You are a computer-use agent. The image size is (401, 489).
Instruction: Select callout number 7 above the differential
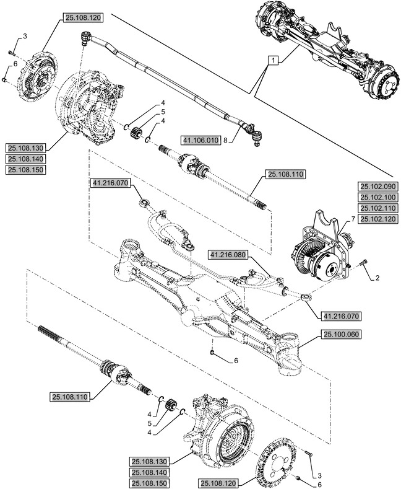(353, 219)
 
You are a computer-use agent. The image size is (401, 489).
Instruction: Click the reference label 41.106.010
(201, 141)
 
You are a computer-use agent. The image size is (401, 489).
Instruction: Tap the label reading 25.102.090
(378, 186)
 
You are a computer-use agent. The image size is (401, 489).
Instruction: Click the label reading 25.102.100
(378, 197)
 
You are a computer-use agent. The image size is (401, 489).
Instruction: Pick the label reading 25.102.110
(378, 208)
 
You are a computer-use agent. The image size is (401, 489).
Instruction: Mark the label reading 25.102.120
(378, 219)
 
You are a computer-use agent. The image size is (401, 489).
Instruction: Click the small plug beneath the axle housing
(213, 353)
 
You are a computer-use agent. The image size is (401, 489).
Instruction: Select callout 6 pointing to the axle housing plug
(236, 360)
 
